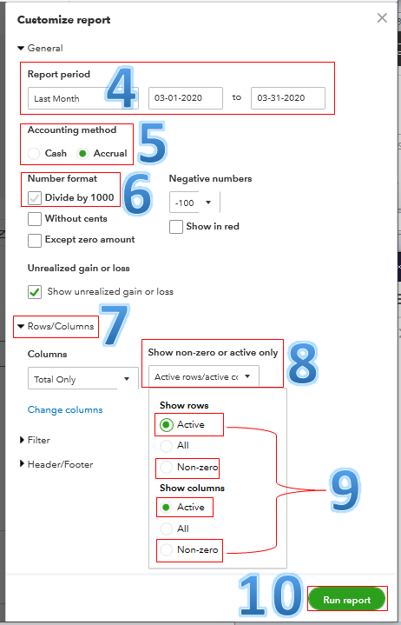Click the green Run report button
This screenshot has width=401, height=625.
(346, 600)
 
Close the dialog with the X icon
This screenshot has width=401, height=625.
(381, 17)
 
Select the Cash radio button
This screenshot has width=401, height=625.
(34, 153)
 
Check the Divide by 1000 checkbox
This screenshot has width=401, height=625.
(35, 198)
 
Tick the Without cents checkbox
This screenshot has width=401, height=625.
(35, 219)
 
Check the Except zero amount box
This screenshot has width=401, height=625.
(35, 240)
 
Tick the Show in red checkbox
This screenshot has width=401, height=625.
(176, 227)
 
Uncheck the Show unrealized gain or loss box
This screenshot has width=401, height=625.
(35, 291)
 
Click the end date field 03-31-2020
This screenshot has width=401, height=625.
(287, 99)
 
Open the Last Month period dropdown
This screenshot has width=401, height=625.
(82, 99)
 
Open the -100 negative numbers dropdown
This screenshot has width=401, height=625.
(193, 203)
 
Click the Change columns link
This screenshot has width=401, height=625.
(65, 409)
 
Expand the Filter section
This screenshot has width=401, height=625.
(39, 441)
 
